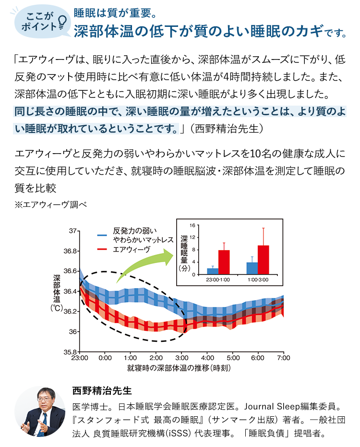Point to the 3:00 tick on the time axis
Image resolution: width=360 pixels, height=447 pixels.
181,358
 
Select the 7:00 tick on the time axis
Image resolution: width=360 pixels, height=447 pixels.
283,358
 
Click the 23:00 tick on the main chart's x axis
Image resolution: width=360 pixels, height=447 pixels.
79,358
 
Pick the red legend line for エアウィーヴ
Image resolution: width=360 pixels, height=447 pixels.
103,249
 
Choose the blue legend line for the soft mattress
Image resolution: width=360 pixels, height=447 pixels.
103,235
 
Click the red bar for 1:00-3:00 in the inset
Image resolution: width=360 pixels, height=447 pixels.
264,260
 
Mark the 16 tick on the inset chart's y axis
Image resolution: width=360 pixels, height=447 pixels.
192,225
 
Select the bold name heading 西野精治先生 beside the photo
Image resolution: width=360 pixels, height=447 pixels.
98,389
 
